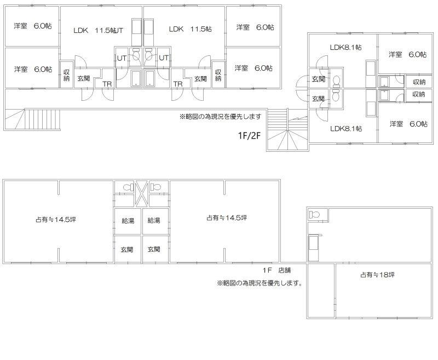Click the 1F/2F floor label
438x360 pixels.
pos(249,135)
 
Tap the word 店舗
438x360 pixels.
pos(284,270)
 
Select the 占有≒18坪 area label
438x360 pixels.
pos(377,275)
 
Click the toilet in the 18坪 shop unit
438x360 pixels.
pos(314,215)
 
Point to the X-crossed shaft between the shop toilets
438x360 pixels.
pos(142,193)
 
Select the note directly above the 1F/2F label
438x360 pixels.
pos(221,116)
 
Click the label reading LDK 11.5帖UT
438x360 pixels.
pos(98,30)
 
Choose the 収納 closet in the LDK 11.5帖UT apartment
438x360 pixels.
pos(66,75)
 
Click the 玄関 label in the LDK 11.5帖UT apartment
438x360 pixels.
pos(84,78)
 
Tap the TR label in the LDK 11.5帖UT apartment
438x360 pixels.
pos(107,84)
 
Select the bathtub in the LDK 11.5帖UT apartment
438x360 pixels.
pos(136,78)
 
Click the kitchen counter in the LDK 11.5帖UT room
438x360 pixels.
pos(136,32)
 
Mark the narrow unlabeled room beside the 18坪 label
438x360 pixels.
pos(321,290)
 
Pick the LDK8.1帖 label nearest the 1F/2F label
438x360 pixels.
pos(346,129)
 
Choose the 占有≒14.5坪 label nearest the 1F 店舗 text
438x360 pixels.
pos(227,218)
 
